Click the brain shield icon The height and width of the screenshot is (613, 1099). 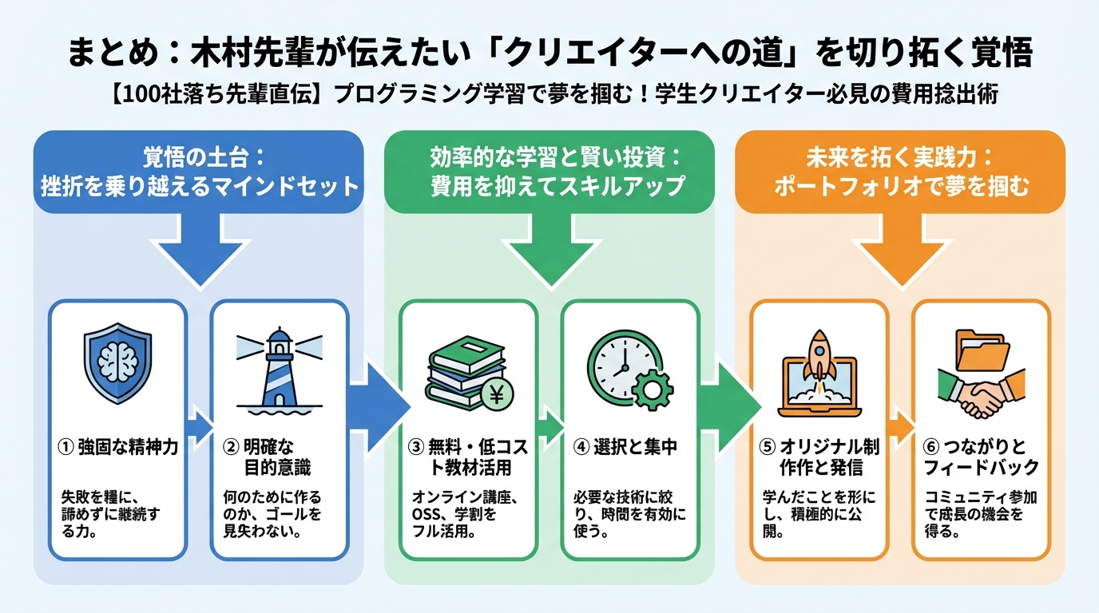[x=117, y=362]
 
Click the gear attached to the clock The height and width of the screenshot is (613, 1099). [x=652, y=390]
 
